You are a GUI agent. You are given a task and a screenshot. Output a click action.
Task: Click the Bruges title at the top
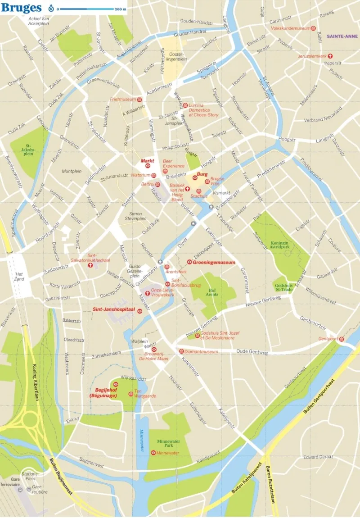click(x=22, y=8)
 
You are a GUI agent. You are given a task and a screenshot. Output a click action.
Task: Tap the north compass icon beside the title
click(x=51, y=8)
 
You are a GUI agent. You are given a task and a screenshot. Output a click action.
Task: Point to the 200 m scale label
click(x=120, y=9)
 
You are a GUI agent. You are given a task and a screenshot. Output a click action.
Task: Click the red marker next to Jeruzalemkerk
click(x=330, y=56)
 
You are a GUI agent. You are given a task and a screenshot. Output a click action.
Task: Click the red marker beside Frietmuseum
click(x=139, y=99)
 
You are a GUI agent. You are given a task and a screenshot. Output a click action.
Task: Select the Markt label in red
click(x=147, y=160)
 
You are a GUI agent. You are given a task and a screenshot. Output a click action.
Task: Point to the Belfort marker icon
click(x=158, y=184)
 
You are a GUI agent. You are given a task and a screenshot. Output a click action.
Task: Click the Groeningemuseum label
click(x=211, y=262)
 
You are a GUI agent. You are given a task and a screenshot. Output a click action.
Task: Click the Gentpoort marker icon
click(x=342, y=339)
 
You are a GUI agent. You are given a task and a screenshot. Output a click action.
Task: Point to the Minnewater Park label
click(x=169, y=443)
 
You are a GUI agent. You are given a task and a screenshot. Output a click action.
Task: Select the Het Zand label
click(x=19, y=277)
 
